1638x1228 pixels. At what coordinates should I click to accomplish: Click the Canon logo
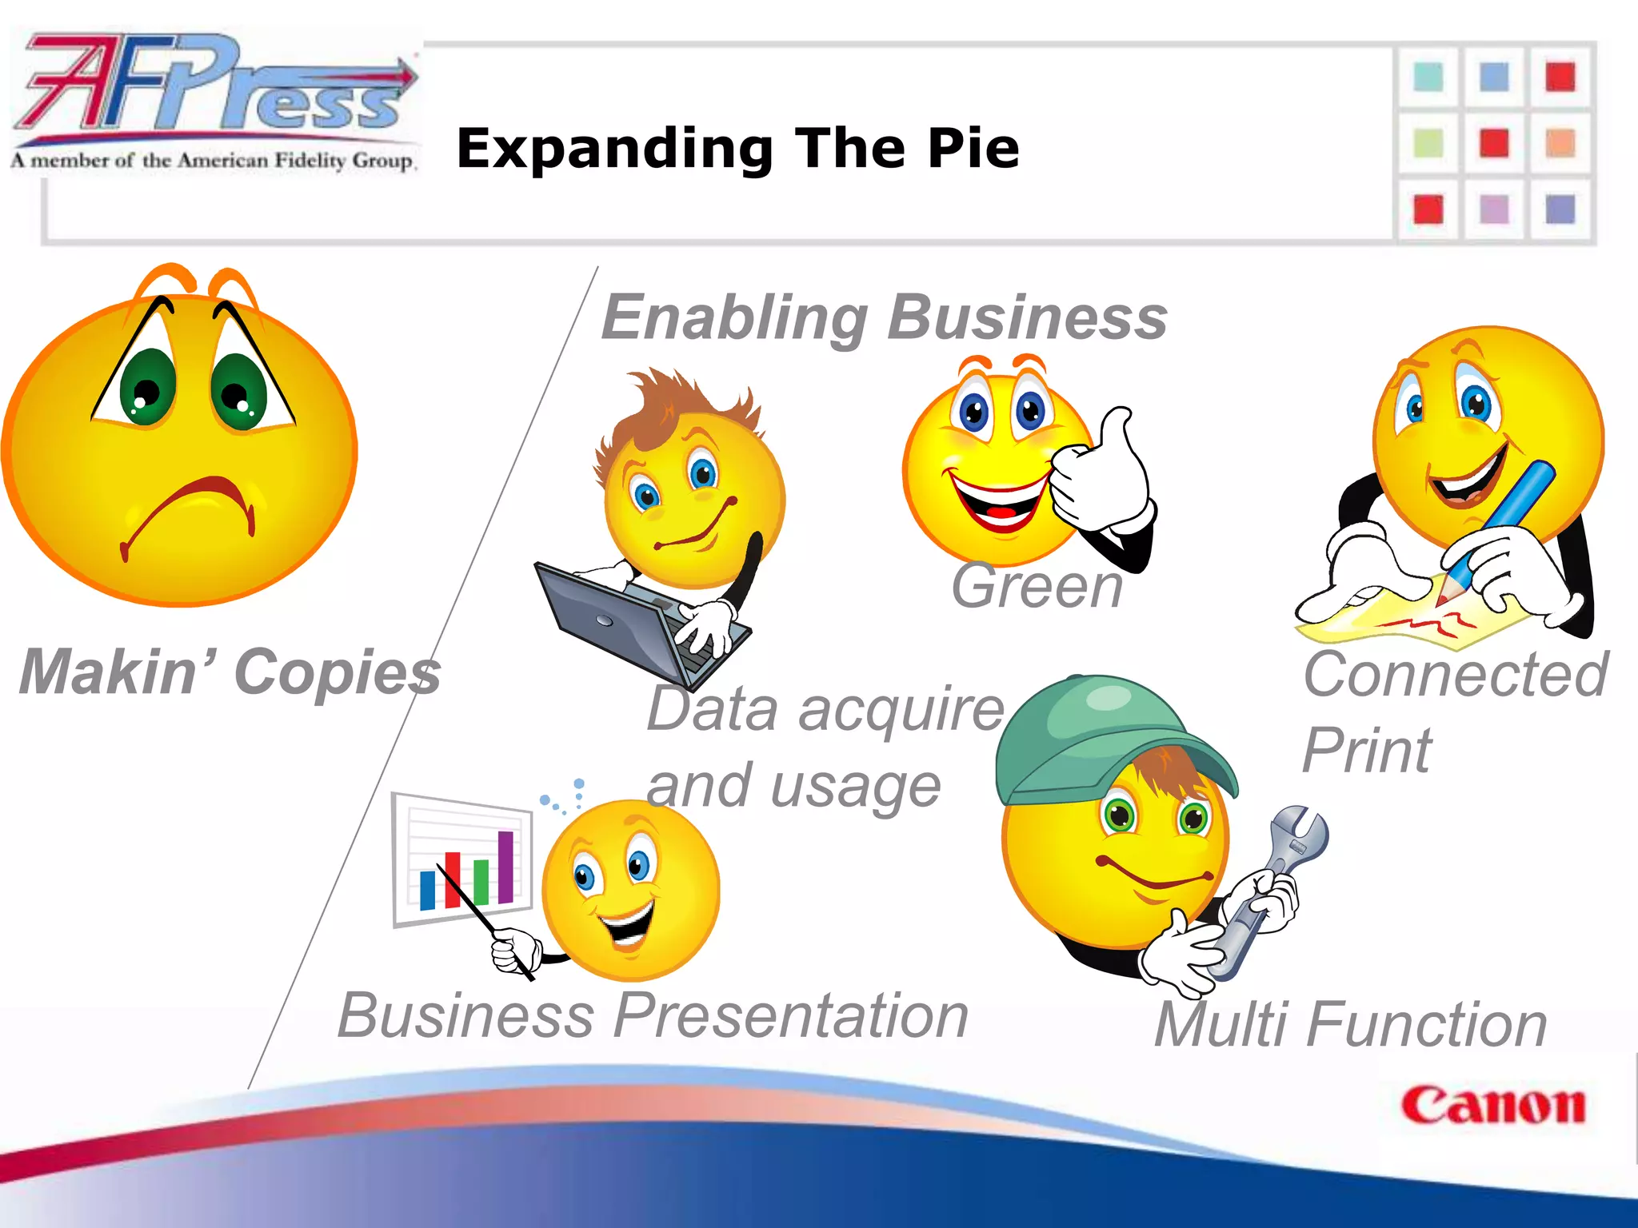tap(1492, 1106)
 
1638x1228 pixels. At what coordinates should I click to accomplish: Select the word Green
tap(1037, 586)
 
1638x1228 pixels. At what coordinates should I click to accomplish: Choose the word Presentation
tap(791, 1015)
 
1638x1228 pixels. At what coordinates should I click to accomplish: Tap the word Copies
tap(338, 672)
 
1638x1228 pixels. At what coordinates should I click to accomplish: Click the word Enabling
tap(734, 317)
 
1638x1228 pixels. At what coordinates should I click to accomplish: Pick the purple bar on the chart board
tap(505, 867)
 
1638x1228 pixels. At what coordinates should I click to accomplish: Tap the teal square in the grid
tap(1428, 78)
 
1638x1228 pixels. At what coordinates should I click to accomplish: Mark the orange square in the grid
tap(1560, 144)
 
